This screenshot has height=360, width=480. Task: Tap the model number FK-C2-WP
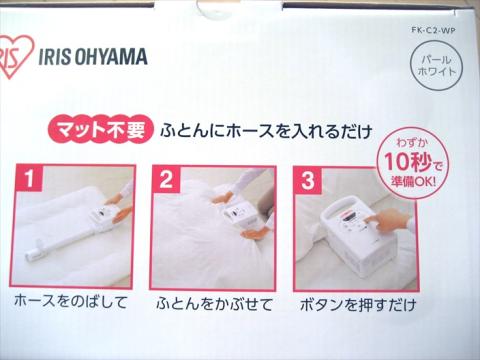(x=433, y=30)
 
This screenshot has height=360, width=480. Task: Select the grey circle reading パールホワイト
(x=436, y=66)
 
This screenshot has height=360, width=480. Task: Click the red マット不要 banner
(x=101, y=129)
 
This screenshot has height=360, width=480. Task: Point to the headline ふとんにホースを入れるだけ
(x=266, y=131)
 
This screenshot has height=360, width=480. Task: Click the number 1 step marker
(x=29, y=178)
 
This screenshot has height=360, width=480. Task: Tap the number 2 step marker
(x=166, y=179)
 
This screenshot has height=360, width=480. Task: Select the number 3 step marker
(x=308, y=180)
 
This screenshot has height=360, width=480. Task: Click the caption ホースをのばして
(x=71, y=302)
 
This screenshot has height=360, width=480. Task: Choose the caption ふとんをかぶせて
(x=214, y=304)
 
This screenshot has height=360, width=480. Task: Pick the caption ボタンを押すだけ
(x=358, y=305)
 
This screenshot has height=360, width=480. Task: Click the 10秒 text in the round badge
(x=408, y=162)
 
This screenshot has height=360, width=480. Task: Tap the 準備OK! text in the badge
(x=413, y=182)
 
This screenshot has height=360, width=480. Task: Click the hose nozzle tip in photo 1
(x=33, y=254)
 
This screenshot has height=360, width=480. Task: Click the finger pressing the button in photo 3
(x=370, y=220)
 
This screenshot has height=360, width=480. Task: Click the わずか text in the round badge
(x=410, y=142)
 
